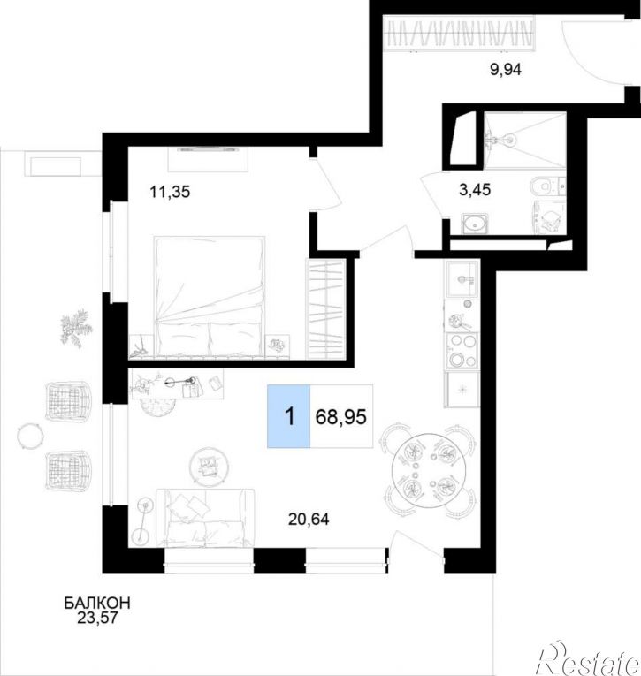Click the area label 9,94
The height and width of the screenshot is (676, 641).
[x=506, y=70]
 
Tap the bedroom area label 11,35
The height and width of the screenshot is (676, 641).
[x=170, y=192]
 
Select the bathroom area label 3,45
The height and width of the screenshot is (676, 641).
[x=475, y=189]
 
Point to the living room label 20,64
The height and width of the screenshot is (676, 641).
[x=309, y=520]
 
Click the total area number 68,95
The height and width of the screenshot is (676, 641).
[x=341, y=417]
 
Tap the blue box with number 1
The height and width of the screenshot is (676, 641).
[x=288, y=416]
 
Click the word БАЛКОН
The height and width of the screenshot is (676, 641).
[x=97, y=604]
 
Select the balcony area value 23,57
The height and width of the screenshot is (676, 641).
[x=97, y=619]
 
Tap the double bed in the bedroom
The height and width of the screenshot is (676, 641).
[x=210, y=297]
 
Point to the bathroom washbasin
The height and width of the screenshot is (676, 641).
[x=475, y=224]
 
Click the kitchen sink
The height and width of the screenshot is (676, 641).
[x=462, y=279]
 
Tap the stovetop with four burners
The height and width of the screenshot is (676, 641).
[x=462, y=351]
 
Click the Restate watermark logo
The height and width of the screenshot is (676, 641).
[x=588, y=658]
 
